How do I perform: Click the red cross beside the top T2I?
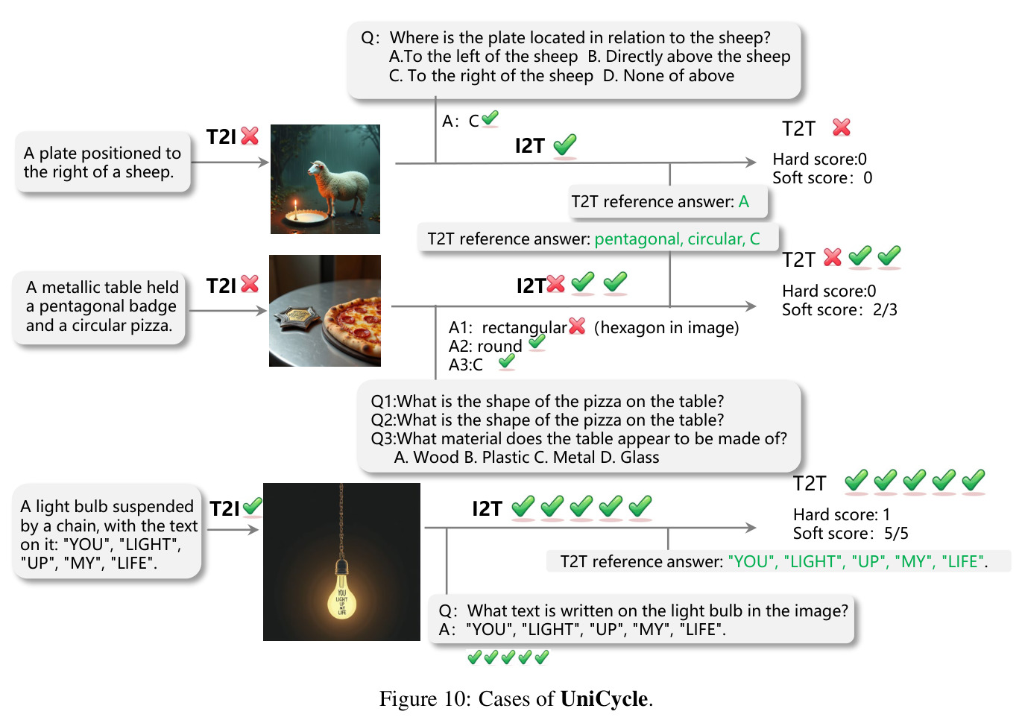[x=250, y=136]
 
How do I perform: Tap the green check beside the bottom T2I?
[x=252, y=506]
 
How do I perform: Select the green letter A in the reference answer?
[x=744, y=201]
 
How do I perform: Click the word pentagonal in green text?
[x=638, y=239]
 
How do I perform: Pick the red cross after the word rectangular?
[x=577, y=326]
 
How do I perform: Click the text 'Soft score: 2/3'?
[x=839, y=310]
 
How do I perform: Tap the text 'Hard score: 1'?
[x=842, y=514]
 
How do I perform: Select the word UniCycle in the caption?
[x=604, y=698]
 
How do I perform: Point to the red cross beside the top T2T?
[x=842, y=127]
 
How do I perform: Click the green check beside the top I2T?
[x=565, y=145]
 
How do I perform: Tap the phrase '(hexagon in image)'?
[x=666, y=327]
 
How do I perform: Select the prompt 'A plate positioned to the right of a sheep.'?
[x=102, y=162]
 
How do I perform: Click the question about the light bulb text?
[x=643, y=610]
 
